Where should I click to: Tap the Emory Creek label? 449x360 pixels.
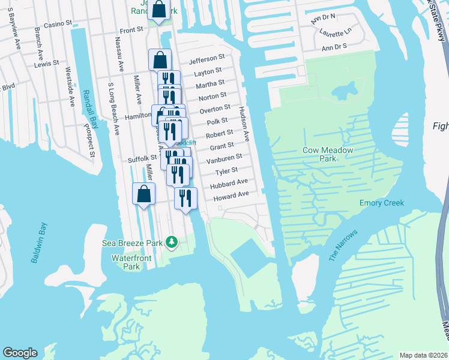click(x=382, y=203)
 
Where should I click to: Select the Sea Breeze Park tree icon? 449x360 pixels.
click(x=172, y=242)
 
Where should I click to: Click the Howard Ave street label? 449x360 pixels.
click(x=231, y=196)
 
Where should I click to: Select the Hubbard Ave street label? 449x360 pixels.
click(x=229, y=182)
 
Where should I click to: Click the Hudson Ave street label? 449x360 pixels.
click(x=244, y=124)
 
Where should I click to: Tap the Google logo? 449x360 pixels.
click(x=20, y=353)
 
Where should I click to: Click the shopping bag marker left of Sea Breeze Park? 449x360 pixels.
click(x=143, y=194)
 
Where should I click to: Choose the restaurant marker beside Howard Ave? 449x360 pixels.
click(x=185, y=198)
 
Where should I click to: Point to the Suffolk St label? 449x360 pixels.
click(x=142, y=159)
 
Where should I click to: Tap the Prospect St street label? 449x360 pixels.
click(x=92, y=140)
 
